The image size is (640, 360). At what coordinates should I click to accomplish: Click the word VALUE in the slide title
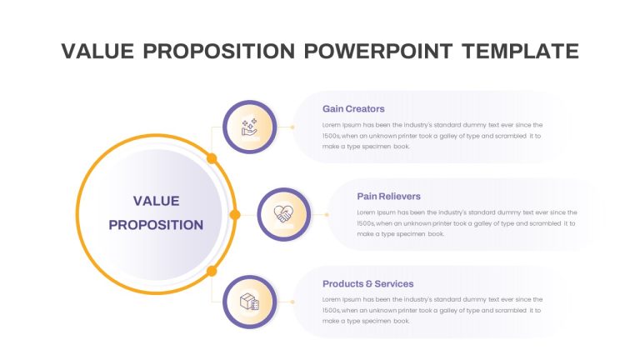(97, 51)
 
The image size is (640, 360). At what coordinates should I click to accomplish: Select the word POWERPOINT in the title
(378, 51)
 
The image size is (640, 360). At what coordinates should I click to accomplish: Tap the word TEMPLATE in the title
(520, 51)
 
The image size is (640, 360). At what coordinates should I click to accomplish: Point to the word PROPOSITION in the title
(219, 51)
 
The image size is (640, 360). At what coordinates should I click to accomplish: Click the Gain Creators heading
(353, 109)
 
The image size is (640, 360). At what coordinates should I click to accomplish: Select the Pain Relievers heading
(388, 197)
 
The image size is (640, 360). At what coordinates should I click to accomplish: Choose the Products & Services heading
(367, 283)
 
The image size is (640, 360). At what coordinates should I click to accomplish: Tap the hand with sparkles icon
(249, 127)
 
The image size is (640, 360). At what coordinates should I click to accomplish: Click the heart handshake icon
(283, 214)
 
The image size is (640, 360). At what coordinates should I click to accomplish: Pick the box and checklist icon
(249, 302)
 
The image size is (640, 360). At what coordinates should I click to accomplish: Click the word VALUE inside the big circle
(157, 201)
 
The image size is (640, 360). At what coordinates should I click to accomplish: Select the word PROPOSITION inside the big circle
(156, 225)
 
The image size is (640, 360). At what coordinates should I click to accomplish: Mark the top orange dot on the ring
(212, 158)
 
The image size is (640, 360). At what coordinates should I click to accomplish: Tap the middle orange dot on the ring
(235, 215)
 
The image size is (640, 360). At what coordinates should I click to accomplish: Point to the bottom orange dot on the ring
(212, 271)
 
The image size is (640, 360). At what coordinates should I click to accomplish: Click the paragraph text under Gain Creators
(432, 136)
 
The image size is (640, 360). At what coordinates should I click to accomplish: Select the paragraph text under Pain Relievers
(467, 223)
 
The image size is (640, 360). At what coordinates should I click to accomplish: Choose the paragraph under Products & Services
(432, 310)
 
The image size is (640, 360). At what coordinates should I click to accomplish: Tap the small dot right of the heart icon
(327, 215)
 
